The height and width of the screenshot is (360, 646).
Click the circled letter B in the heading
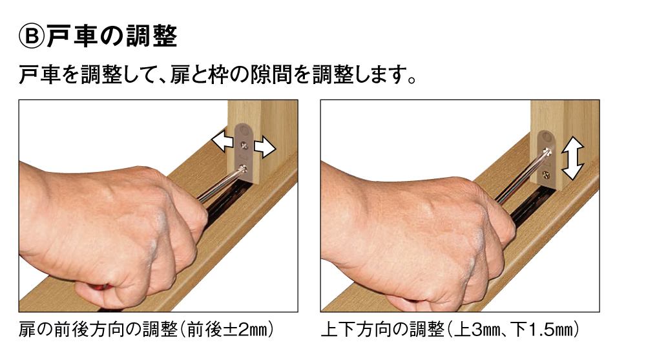[x=31, y=36]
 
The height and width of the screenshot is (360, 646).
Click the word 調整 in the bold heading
[x=153, y=36]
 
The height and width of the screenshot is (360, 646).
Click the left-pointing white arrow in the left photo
[x=222, y=141]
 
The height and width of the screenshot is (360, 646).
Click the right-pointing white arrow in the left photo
[x=265, y=147]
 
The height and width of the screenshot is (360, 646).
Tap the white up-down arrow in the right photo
[x=572, y=158]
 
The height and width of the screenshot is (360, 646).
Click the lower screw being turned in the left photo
[x=244, y=168]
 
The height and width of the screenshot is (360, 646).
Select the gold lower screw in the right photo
[x=547, y=175]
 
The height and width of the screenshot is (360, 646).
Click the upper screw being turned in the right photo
[x=548, y=151]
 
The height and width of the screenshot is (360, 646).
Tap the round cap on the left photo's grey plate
[x=246, y=132]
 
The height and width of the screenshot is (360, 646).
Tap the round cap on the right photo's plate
[x=547, y=136]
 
